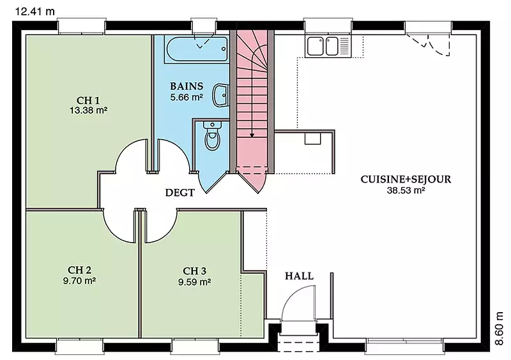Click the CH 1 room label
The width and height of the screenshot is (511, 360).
88,100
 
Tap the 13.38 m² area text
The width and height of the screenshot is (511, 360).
88,110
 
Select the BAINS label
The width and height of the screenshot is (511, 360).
187,86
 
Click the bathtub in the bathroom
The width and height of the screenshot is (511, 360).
196,50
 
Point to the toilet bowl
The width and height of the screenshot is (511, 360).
212,136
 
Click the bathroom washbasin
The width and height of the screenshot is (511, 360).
220,95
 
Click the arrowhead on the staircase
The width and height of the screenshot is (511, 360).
252,135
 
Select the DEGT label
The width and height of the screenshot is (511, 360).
180,193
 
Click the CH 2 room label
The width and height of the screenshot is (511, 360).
79,270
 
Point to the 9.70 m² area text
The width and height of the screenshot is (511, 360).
79,280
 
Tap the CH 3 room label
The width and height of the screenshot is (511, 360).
195,271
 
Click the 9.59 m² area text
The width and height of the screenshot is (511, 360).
195,281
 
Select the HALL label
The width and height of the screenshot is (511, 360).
299,276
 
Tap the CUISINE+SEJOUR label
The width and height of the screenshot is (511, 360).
406,179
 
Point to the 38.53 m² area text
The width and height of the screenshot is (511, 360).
406,190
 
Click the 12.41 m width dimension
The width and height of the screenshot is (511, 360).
35,11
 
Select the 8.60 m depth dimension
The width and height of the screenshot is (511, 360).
499,328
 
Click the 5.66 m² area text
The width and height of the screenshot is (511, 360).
187,97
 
